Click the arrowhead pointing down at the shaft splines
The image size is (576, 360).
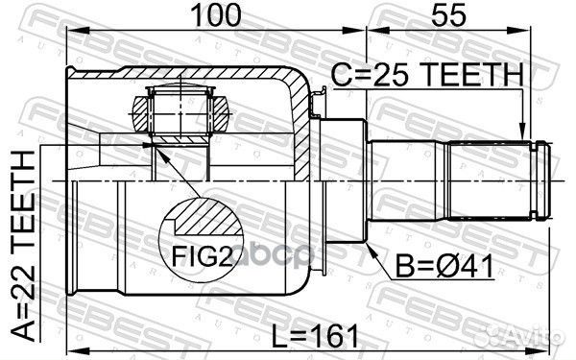click(521, 133)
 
